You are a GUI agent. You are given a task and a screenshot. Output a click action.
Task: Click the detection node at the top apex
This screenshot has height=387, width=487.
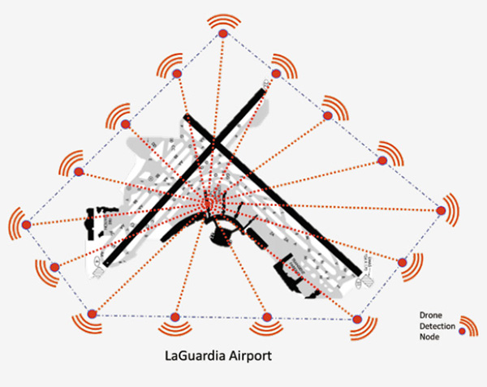click(x=222, y=33)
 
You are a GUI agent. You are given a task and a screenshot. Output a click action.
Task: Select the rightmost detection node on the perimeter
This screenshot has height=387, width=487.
click(x=441, y=211)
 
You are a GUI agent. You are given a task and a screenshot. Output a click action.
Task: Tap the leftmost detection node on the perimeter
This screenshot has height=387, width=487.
click(x=26, y=224)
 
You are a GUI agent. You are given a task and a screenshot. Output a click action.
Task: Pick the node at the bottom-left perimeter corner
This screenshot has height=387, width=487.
click(x=91, y=314)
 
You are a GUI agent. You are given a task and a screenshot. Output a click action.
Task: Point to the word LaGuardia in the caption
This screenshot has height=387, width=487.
click(x=197, y=355)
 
